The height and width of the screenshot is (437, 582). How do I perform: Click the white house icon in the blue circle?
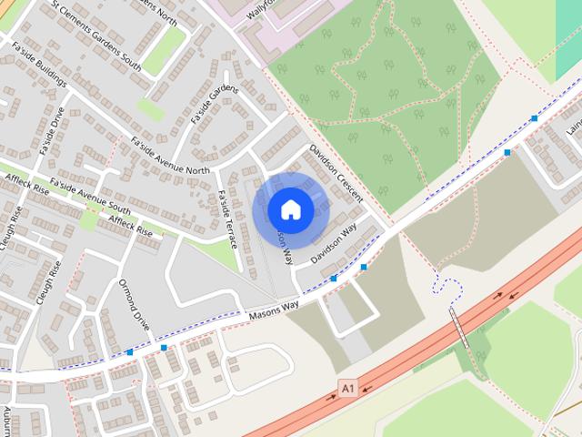pyautogui.click(x=290, y=209)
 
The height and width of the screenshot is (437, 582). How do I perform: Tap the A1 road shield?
pyautogui.click(x=346, y=389)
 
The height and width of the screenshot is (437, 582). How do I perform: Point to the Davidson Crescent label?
pyautogui.click(x=336, y=173)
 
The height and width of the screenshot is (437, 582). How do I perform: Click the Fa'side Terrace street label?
pyautogui.click(x=227, y=218)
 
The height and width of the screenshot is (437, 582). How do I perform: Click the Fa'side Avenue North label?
pyautogui.click(x=169, y=157)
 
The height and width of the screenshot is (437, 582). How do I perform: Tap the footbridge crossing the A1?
pyautogui.click(x=460, y=329)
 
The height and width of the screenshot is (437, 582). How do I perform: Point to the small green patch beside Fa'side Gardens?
pyautogui.click(x=151, y=108)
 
